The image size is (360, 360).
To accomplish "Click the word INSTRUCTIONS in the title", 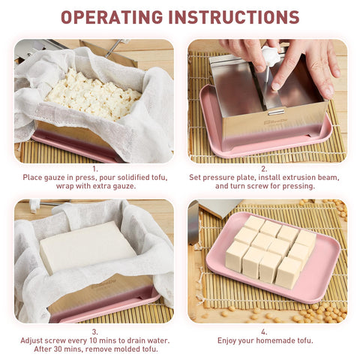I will click(240, 17).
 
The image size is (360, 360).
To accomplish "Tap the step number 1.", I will click(94, 169).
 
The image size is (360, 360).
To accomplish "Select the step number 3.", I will click(94, 331).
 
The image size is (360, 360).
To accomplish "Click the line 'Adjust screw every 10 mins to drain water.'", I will click(94, 340).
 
